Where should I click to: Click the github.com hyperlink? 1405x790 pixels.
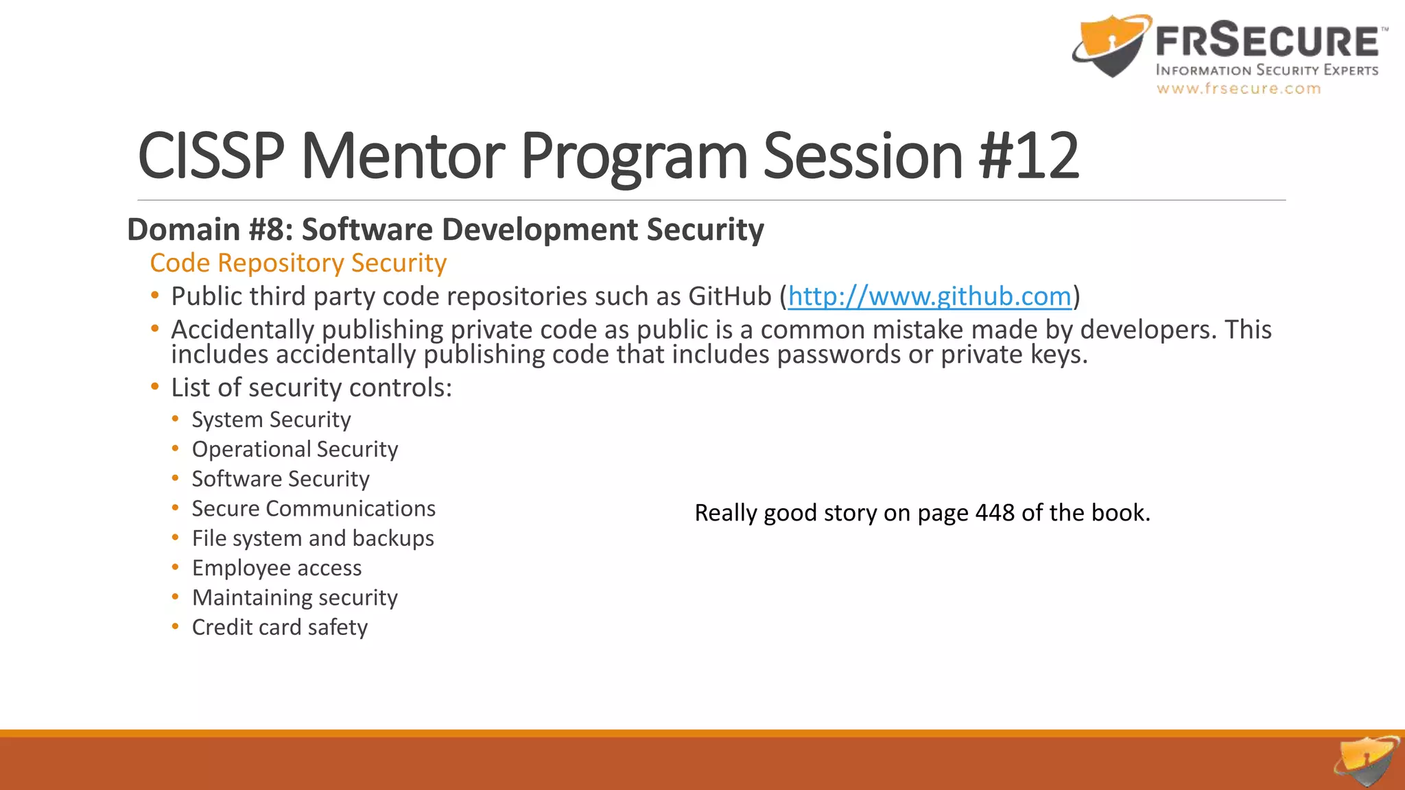tap(929, 297)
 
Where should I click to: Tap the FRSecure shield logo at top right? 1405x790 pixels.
tap(1111, 47)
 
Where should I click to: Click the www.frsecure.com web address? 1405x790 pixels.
tap(1238, 89)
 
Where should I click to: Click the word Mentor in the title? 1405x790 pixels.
tap(403, 156)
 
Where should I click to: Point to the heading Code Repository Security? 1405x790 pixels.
tap(298, 263)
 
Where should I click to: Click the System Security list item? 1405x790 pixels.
tap(271, 420)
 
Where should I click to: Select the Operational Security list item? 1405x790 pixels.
tap(295, 449)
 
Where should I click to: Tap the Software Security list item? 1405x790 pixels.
tap(281, 479)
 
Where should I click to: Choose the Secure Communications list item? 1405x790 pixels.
tap(314, 509)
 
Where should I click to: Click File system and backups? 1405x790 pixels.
tap(313, 538)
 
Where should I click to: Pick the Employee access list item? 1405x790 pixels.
tap(276, 568)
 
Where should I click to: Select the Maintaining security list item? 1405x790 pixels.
tap(295, 598)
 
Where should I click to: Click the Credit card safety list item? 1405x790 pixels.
tap(280, 627)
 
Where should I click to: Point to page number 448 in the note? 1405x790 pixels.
tap(995, 513)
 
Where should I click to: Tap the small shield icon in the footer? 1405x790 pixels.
tap(1366, 761)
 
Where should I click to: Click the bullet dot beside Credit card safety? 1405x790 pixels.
tap(176, 626)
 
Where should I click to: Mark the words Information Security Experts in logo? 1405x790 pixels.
tap(1266, 70)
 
